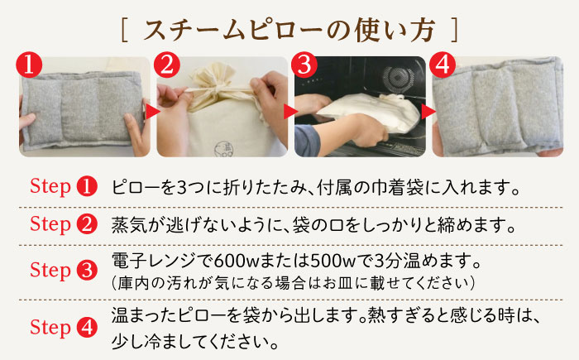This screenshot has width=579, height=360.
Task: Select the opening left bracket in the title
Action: point(123,31)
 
